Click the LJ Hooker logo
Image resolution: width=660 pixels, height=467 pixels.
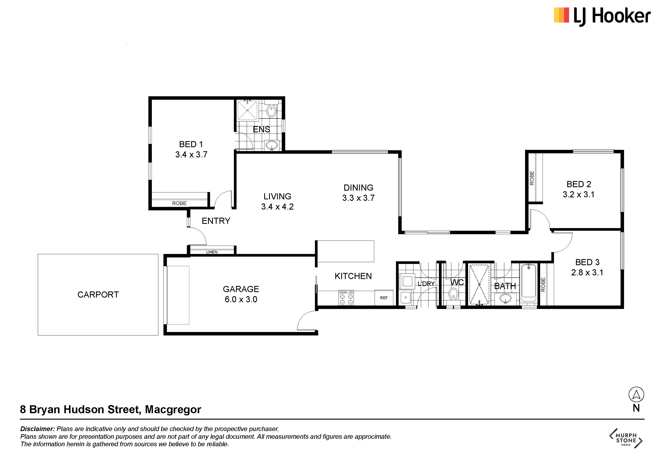tap(602, 16)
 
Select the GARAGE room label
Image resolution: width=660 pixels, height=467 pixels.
tap(241, 289)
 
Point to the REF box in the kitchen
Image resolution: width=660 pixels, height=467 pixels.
tap(384, 298)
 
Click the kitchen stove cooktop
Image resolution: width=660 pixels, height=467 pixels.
tap(346, 297)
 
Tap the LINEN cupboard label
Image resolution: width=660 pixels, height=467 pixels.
tap(212, 252)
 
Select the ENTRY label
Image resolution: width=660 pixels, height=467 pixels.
tap(216, 221)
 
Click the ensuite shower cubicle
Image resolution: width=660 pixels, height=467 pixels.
tap(247, 110)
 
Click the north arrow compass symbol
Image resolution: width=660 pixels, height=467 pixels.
tap(636, 394)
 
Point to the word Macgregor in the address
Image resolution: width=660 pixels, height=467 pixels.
tap(173, 409)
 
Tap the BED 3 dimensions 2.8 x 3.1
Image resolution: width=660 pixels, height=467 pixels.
tap(587, 272)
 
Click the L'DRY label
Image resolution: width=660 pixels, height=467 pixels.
tap(426, 284)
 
